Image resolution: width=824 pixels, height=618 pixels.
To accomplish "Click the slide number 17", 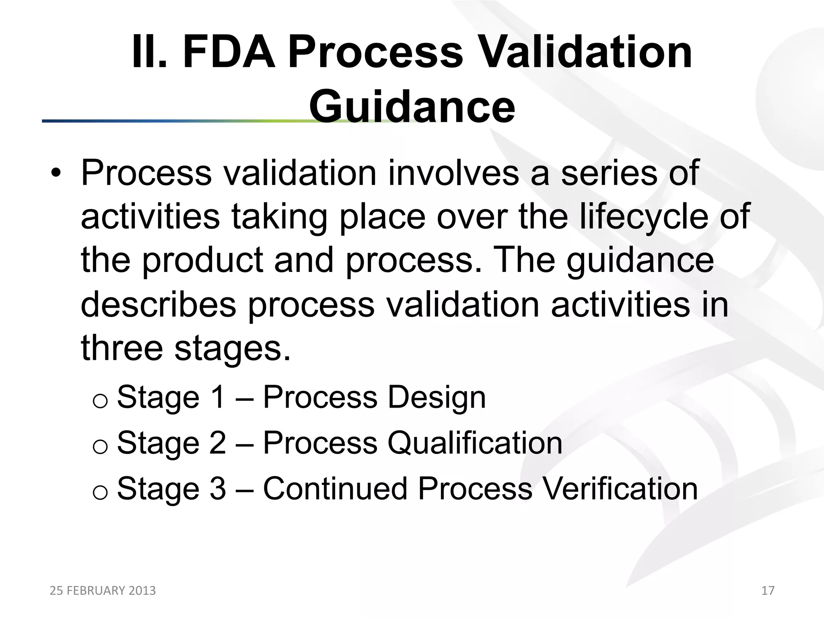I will point(768,590).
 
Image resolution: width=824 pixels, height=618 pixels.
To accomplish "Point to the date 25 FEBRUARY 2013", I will point(103,590).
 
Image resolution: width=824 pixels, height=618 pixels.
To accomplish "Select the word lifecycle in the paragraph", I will point(643,216).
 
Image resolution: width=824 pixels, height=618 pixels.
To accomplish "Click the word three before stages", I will point(122,348).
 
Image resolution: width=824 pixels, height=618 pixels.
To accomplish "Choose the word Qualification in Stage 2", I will point(475,443).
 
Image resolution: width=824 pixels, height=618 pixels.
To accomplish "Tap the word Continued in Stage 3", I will point(335,488).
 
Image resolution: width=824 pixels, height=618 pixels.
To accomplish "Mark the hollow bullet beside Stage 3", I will point(100,492).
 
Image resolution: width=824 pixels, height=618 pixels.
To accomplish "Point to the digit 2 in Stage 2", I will point(218,443).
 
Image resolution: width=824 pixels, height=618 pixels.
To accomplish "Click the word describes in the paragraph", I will point(158,304).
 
